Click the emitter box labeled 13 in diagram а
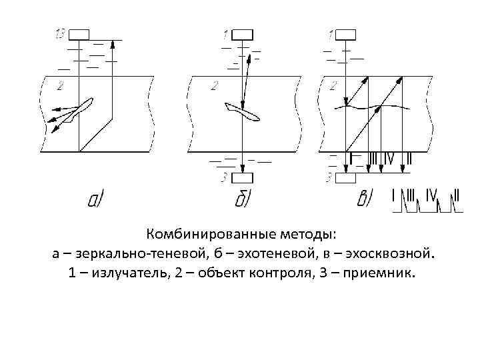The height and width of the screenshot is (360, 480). pos(78,35)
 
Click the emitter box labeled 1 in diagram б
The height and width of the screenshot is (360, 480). pos(243,35)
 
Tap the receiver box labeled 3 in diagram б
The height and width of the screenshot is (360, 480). pos(243,178)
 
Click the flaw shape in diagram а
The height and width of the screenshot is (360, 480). pos(79,108)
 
